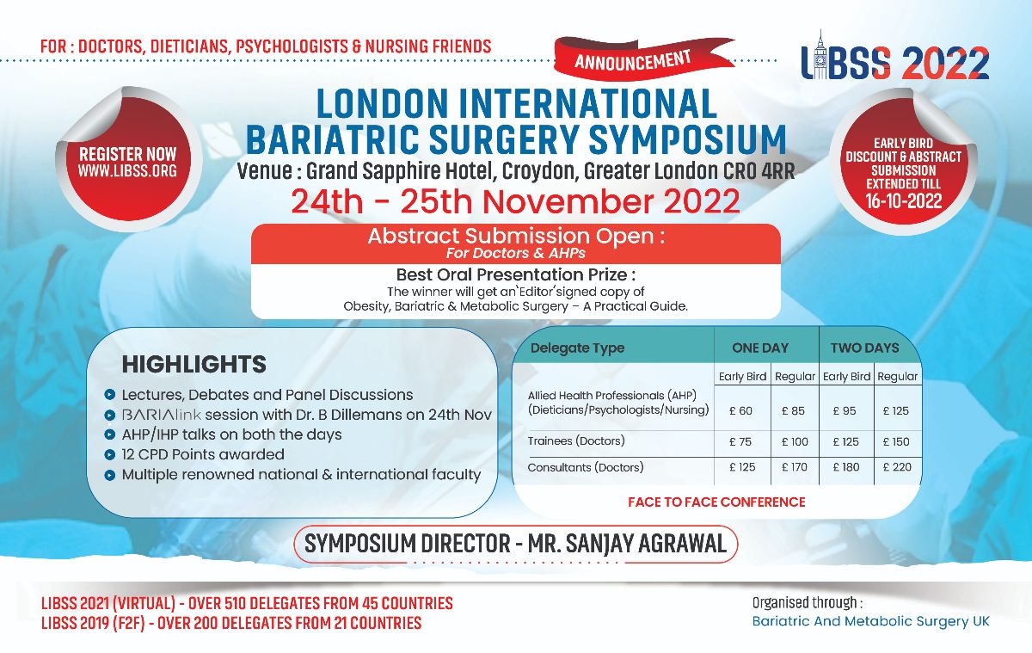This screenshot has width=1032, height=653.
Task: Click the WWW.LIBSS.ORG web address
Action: (127, 171)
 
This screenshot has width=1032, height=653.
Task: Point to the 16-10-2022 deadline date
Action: (904, 201)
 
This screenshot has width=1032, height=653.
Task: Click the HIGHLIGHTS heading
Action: (194, 364)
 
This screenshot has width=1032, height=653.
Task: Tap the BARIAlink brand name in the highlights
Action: (162, 415)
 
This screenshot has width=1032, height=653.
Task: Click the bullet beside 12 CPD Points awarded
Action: (110, 455)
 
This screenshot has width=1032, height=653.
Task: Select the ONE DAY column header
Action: (760, 348)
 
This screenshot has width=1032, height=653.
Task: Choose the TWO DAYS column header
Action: (864, 348)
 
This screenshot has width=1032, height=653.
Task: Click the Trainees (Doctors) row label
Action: (576, 441)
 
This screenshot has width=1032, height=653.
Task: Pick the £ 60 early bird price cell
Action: (740, 410)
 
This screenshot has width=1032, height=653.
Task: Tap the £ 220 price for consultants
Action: (897, 467)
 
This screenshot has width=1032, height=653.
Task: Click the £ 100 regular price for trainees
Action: (795, 442)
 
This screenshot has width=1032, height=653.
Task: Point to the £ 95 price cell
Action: (845, 410)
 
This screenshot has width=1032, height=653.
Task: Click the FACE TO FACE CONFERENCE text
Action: (716, 502)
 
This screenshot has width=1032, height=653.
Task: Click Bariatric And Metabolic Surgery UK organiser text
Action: (870, 621)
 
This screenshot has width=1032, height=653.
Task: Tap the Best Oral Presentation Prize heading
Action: (516, 274)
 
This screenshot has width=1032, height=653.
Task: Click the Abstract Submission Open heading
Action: (516, 236)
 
